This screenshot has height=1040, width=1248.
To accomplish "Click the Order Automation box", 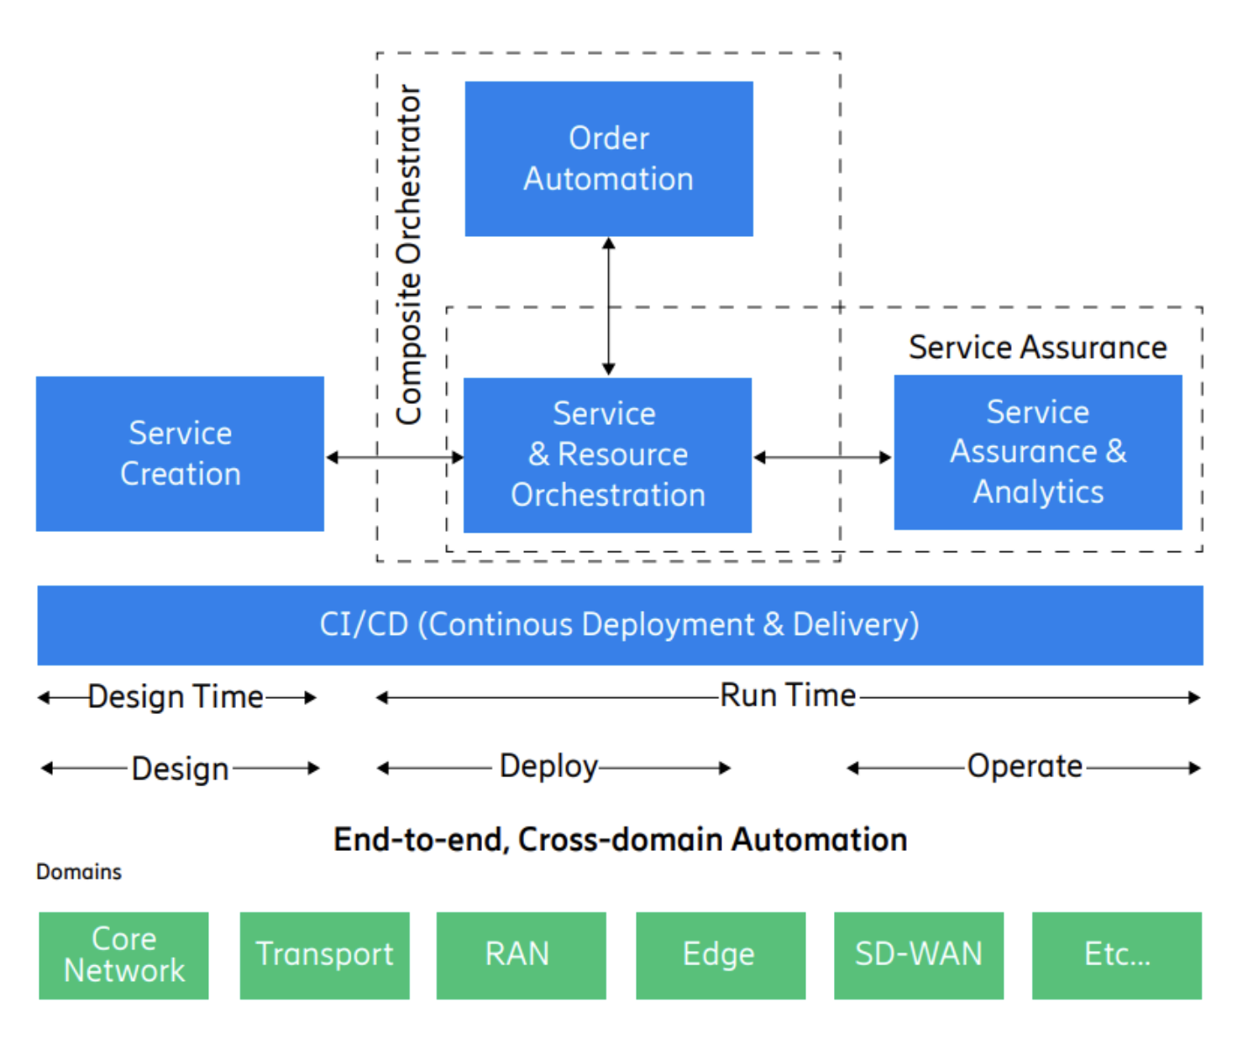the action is pyautogui.click(x=608, y=159).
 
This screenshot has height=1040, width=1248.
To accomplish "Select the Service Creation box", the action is pyautogui.click(x=180, y=454).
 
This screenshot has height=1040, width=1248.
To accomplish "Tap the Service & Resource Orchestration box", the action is pyautogui.click(x=607, y=454).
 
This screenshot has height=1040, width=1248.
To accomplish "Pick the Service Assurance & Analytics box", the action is pyautogui.click(x=1037, y=452).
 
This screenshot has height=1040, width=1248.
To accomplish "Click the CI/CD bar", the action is pyautogui.click(x=620, y=625).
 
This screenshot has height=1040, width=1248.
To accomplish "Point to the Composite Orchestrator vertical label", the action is pyautogui.click(x=410, y=255).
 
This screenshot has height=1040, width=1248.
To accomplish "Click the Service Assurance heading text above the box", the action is pyautogui.click(x=1037, y=347).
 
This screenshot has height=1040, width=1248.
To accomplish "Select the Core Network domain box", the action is pyautogui.click(x=123, y=955).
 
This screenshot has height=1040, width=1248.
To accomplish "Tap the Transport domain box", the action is pyautogui.click(x=324, y=955).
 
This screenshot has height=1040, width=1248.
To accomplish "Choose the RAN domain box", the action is pyautogui.click(x=522, y=955).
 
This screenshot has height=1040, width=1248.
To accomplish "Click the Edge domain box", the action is pyautogui.click(x=721, y=955).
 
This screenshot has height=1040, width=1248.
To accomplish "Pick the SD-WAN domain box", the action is pyautogui.click(x=919, y=955).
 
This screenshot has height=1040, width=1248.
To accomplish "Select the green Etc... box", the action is pyautogui.click(x=1117, y=955).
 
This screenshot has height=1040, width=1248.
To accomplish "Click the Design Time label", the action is pyautogui.click(x=176, y=696).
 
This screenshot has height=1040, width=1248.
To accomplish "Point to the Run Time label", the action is pyautogui.click(x=788, y=695).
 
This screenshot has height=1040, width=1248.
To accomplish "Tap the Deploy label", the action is pyautogui.click(x=548, y=767).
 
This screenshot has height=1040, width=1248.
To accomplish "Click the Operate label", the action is pyautogui.click(x=1025, y=766).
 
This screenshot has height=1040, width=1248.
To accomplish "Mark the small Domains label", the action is pyautogui.click(x=79, y=872).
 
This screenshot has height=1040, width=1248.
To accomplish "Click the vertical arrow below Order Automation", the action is pyautogui.click(x=608, y=306).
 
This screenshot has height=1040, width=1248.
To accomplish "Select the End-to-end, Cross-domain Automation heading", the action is pyautogui.click(x=621, y=839).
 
